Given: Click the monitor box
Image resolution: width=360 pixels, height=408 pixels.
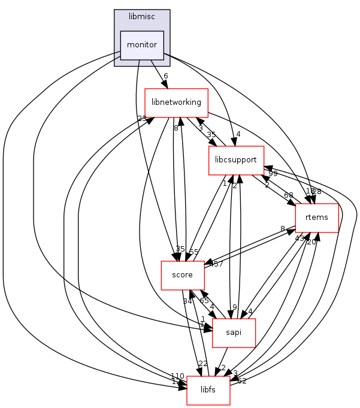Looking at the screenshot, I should click(142, 45).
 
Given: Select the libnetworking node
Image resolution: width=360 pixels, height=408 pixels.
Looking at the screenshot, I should click(176, 102).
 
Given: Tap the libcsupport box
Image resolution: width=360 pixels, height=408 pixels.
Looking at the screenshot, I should click(235, 161).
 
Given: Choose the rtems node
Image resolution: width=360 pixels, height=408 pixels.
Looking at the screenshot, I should click(317, 217).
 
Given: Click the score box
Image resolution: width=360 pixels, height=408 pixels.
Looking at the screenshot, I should click(182, 275).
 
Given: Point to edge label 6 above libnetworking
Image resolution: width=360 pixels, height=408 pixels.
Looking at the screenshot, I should click(165, 75).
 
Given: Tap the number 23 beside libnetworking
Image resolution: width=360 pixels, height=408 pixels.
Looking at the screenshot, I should click(142, 119).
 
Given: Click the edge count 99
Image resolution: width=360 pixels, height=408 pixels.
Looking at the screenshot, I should click(273, 173).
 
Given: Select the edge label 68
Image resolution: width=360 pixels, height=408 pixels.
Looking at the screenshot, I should click(289, 195).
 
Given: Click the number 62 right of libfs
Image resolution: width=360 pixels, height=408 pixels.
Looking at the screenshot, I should click(242, 380).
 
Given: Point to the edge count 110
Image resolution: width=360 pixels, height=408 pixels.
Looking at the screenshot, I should click(177, 376).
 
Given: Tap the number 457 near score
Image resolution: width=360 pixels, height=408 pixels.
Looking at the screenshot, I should click(216, 264).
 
